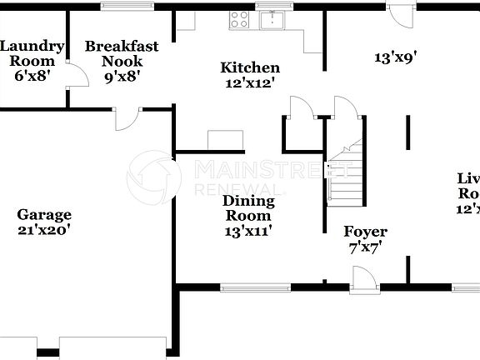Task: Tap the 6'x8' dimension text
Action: (31, 75)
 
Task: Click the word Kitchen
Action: (250, 67)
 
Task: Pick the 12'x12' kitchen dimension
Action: (250, 82)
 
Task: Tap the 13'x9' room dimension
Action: (395, 57)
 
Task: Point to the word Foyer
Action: (365, 232)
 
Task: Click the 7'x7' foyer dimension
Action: (365, 247)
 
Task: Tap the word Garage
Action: (44, 214)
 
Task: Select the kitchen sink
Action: (272, 19)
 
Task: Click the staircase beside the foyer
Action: (344, 175)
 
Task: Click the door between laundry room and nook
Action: (76, 79)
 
